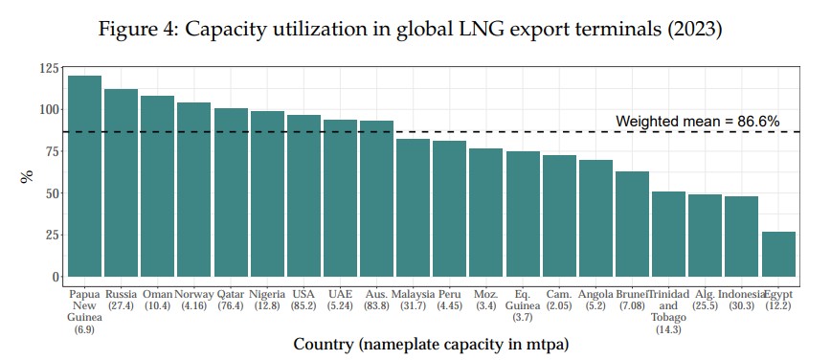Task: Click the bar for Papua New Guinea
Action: pos(84,176)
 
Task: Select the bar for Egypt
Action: pos(778,254)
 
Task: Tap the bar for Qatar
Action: pos(231,191)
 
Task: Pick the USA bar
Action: pos(304,195)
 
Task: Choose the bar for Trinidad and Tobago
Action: pos(668,234)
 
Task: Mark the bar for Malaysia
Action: pos(413,208)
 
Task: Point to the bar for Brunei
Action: pos(632,223)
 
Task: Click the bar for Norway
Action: pos(194,189)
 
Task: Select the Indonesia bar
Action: pos(742,236)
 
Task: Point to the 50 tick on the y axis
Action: pos(48,193)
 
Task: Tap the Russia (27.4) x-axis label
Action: pos(121,300)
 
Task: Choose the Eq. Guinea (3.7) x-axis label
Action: pos(523,304)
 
